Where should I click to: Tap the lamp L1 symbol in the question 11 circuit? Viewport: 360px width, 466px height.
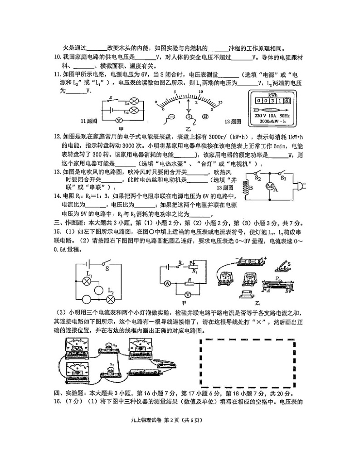click(x=134, y=102)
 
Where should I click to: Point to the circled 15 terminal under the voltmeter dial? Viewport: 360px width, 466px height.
click(x=205, y=116)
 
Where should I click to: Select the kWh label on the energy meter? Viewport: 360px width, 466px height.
click(x=272, y=95)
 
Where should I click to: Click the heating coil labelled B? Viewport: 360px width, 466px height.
click(x=247, y=190)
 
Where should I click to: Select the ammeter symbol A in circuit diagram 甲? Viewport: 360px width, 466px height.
click(x=167, y=283)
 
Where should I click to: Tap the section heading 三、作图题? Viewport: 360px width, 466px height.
click(x=73, y=223)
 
